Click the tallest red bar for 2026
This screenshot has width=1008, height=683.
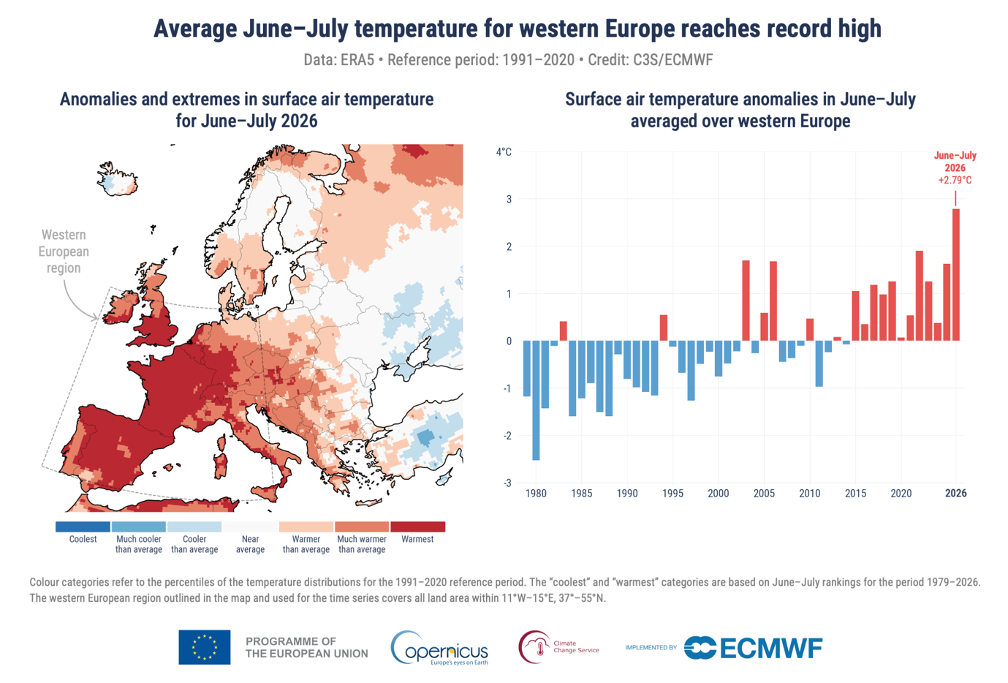(956, 275)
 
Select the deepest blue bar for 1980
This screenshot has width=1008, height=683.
(536, 400)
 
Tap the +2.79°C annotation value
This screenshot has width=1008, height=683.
(955, 180)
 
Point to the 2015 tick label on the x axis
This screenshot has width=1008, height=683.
(855, 494)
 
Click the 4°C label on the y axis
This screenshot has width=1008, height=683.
(504, 151)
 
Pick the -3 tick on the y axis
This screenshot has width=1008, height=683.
(507, 483)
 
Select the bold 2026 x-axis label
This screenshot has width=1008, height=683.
(956, 494)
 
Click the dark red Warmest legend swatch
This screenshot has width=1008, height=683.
(417, 527)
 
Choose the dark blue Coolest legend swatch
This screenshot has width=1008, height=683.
(83, 527)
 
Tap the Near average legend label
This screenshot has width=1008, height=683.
(250, 544)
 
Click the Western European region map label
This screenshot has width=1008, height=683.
(64, 252)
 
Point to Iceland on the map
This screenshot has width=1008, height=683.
(118, 179)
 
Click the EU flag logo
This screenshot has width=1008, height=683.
(204, 647)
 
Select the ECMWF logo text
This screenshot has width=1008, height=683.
(771, 648)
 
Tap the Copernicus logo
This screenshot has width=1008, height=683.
(439, 648)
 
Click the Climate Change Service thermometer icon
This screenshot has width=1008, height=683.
(540, 648)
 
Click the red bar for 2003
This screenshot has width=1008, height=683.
(746, 301)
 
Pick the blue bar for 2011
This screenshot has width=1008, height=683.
(819, 363)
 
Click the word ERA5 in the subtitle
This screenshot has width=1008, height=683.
(357, 60)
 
